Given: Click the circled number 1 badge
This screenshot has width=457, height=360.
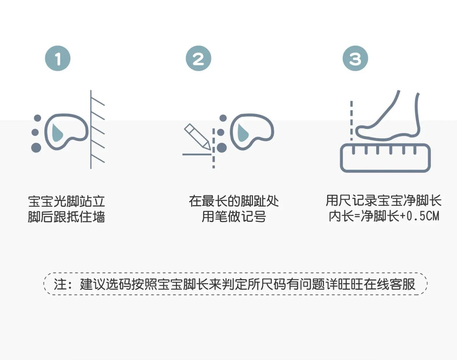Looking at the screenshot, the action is tap(58, 58).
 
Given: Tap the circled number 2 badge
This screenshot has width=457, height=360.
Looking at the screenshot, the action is tap(198, 58).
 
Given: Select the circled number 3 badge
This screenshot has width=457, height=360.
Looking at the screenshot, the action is tap(355, 58).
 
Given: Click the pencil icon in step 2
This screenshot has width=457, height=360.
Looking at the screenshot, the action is tap(197, 137).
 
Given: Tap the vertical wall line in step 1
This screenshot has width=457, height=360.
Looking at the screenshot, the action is tap(91, 130).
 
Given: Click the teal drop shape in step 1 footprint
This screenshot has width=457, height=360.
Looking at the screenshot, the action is tap(57, 133).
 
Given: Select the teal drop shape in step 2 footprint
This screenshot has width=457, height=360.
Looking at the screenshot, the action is tap(243, 133).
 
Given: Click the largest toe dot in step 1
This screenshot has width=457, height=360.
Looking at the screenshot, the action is tap(36, 148).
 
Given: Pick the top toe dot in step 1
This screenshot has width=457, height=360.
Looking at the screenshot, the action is tap(37, 118).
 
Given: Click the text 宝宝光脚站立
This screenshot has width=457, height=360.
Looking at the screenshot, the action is tap(66, 201).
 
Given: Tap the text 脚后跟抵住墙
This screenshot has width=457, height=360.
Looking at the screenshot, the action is tap(66, 217).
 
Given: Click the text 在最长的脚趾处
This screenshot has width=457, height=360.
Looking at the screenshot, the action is tap(234, 201).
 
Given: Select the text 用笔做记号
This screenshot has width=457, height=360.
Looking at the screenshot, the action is tap(234, 216).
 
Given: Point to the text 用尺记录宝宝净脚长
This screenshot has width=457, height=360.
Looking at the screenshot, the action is tap(384, 201).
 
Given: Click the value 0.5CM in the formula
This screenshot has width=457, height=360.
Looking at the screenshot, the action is tap(423, 216).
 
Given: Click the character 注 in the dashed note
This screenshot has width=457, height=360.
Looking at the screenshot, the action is tap(60, 284).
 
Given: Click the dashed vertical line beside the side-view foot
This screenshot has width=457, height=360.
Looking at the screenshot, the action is tap(352, 121).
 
